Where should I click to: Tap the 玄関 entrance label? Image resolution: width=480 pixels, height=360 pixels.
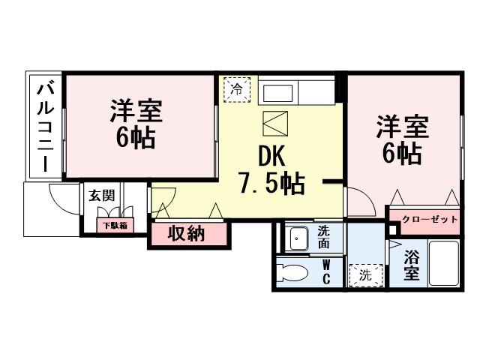tap(102, 196)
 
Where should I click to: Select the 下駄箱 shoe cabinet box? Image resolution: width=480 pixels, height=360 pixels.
tap(115, 224)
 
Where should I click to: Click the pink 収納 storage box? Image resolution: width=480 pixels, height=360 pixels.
tap(187, 234)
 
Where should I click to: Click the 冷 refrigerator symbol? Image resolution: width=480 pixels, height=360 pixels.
tap(236, 88)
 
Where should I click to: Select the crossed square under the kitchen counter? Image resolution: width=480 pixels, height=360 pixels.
tap(274, 121)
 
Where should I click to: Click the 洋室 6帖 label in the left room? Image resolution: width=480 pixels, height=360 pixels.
tap(136, 124)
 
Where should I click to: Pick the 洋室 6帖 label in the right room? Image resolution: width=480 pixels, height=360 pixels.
tap(402, 139)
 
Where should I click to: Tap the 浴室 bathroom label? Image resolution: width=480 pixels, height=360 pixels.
tap(412, 265)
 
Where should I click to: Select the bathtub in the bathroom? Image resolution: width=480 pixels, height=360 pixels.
tap(444, 263)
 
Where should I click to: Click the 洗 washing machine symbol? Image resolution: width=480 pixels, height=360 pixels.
tap(365, 275)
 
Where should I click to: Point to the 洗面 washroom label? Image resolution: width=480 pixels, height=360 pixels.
tap(323, 238)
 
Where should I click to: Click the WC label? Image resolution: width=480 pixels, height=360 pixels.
tap(327, 272)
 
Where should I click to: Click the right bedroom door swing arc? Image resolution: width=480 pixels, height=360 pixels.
tap(358, 200)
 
